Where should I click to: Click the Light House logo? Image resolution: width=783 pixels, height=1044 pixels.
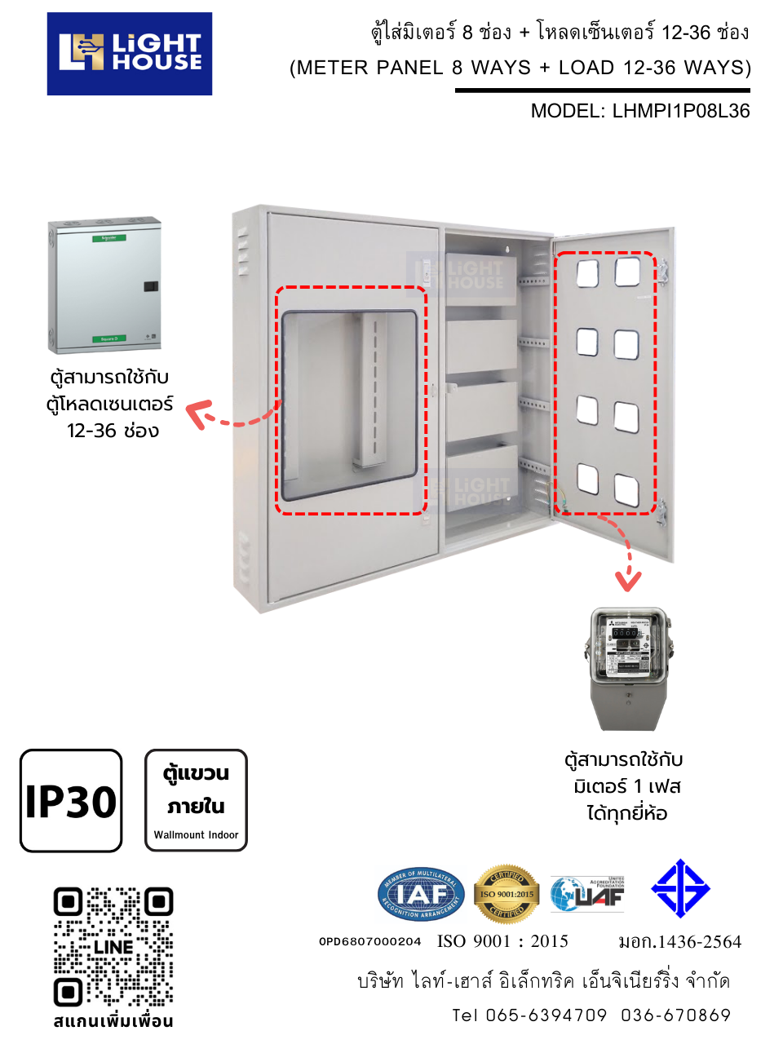tap(130, 54)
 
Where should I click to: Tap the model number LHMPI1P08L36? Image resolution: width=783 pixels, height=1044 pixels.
tap(681, 111)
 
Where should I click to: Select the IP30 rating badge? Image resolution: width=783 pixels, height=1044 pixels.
tap(71, 801)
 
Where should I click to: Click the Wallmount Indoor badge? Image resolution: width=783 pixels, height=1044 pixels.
tap(196, 800)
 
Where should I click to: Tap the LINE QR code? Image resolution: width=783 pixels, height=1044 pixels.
tap(113, 946)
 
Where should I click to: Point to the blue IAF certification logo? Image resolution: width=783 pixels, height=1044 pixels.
tap(421, 895)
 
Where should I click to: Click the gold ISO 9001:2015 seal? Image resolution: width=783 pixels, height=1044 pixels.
tap(507, 895)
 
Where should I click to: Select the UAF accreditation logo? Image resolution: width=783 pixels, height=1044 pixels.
tap(587, 895)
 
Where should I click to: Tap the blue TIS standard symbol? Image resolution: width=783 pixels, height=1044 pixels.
tap(680, 888)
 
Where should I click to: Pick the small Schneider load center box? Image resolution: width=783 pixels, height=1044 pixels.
tap(104, 285)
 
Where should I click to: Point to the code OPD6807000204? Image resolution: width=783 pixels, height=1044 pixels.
tap(369, 941)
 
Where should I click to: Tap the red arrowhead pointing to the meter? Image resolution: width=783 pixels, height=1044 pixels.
tap(628, 581)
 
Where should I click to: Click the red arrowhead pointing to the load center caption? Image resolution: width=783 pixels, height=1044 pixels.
tap(197, 413)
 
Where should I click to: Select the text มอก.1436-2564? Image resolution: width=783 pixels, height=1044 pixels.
tap(679, 942)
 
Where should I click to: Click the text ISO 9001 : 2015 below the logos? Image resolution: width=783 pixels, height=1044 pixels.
tap(502, 941)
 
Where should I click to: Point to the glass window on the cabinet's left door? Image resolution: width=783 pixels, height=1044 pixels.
tap(349, 400)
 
